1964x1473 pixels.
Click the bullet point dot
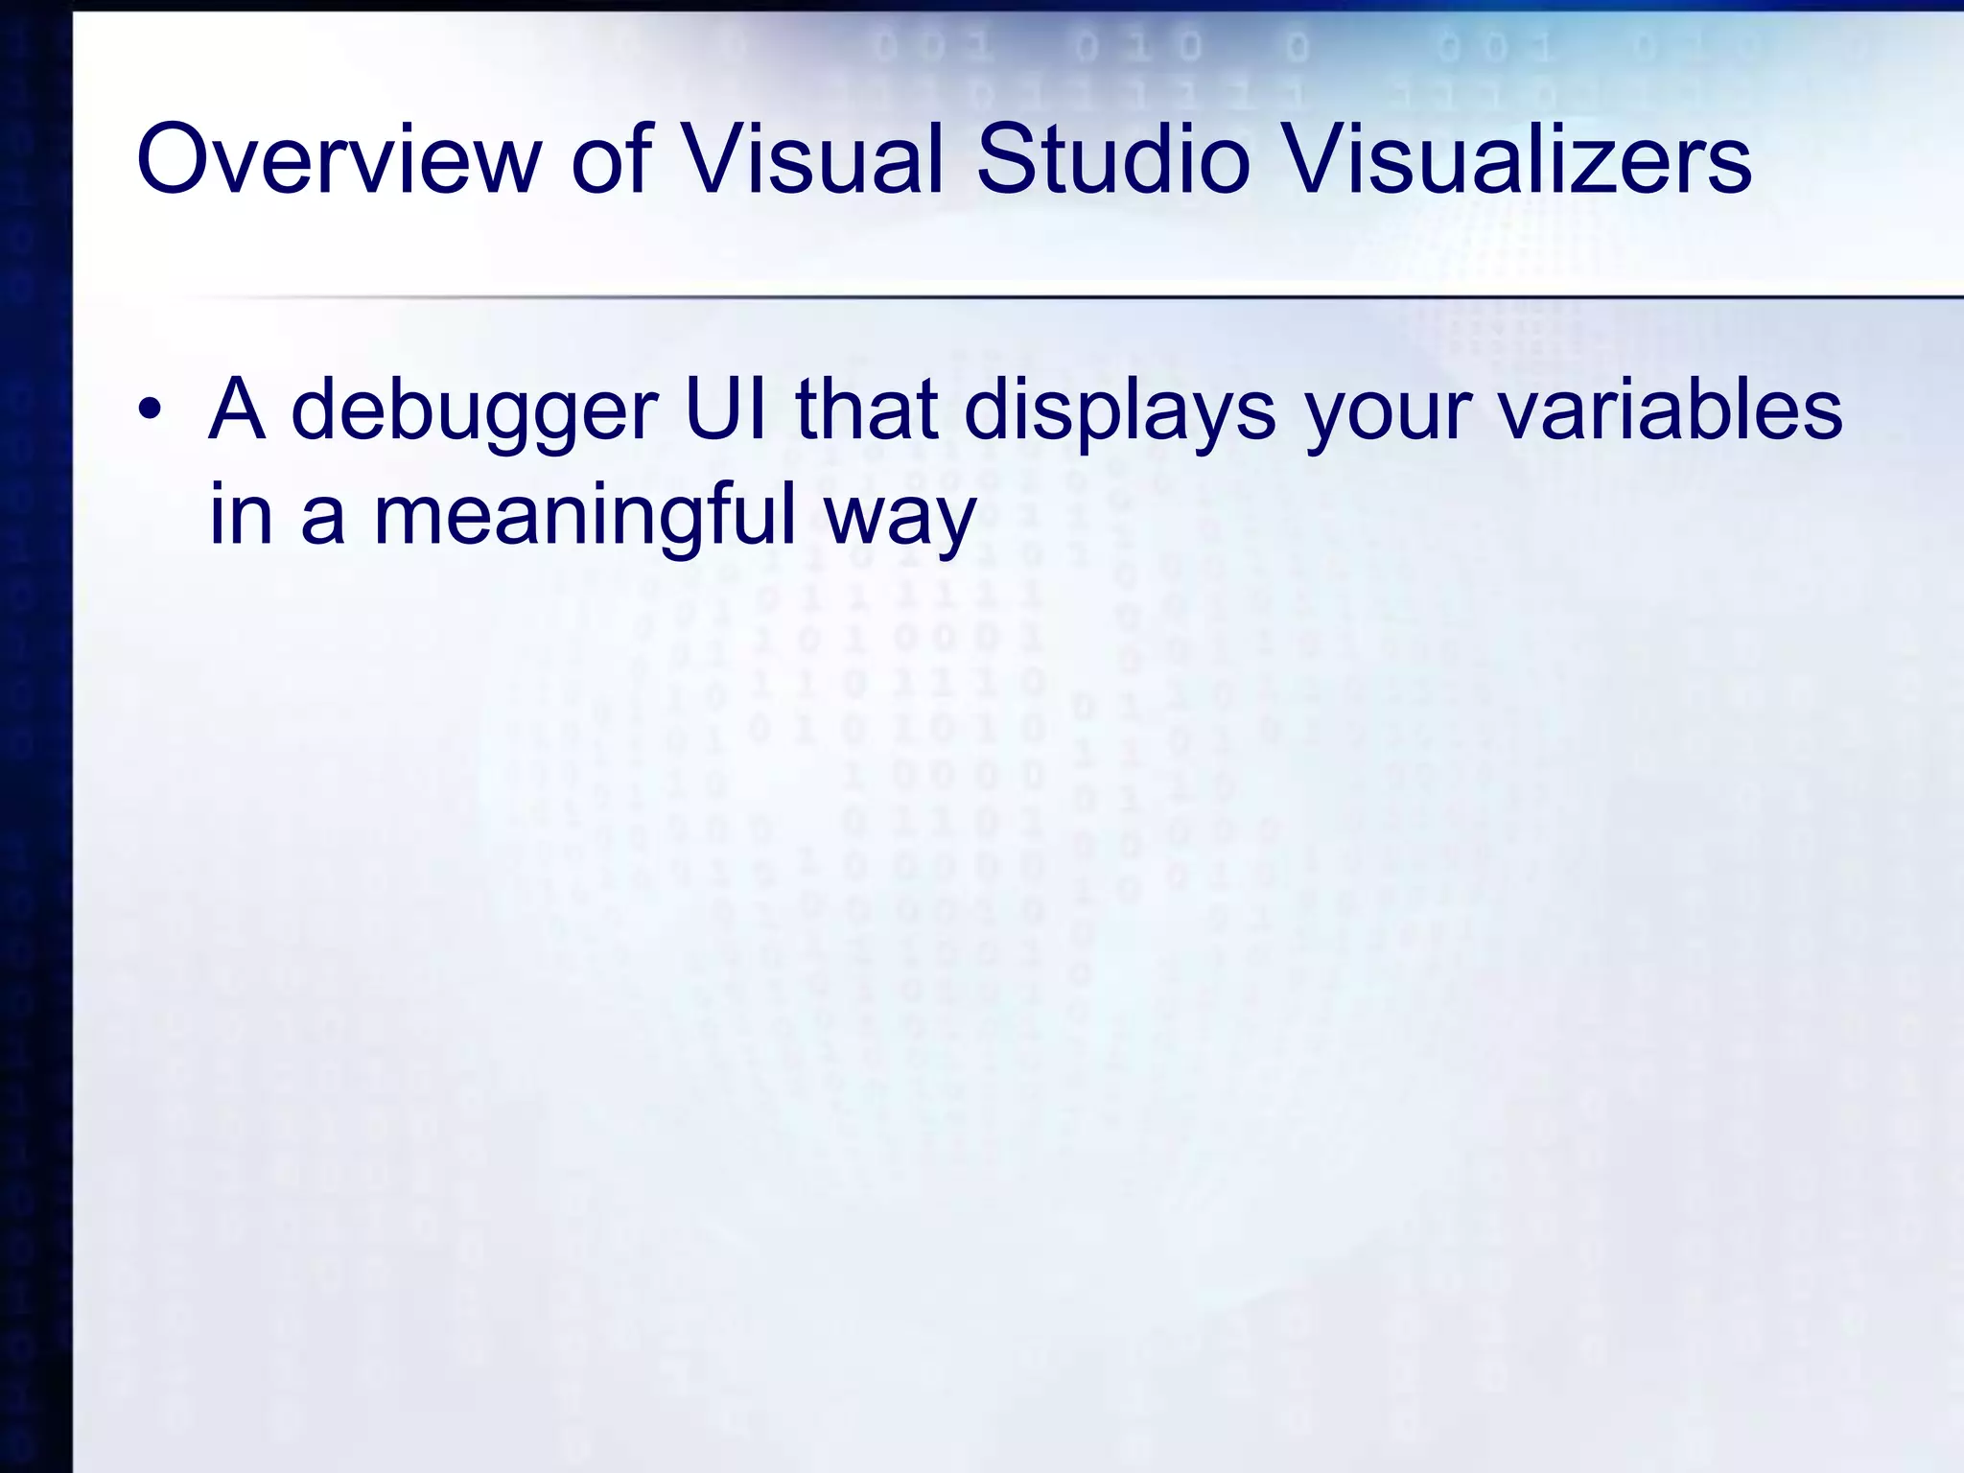pos(149,411)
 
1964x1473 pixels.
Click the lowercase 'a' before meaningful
pos(322,519)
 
